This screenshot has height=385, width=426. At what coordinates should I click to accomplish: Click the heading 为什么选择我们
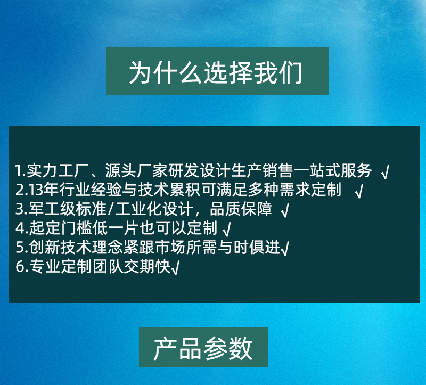[216, 72]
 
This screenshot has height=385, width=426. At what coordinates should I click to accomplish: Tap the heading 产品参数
[203, 348]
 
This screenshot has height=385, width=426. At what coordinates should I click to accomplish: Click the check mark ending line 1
[385, 172]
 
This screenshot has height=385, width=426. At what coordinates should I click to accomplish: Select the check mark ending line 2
[359, 191]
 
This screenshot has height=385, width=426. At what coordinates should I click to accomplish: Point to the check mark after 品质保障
[285, 210]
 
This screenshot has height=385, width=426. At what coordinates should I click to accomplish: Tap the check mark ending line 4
[227, 229]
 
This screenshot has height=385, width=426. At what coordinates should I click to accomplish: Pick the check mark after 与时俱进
[284, 248]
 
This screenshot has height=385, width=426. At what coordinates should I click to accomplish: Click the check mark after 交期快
[175, 267]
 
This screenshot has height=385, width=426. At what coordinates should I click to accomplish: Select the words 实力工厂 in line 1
[58, 170]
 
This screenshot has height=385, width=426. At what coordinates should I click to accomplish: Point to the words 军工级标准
[68, 209]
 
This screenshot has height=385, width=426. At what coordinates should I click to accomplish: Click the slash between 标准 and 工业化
[111, 209]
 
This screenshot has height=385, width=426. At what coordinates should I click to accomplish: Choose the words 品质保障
[241, 209]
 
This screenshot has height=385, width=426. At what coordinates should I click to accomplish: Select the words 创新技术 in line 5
[60, 247]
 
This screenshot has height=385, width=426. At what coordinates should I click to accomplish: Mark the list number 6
[20, 266]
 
